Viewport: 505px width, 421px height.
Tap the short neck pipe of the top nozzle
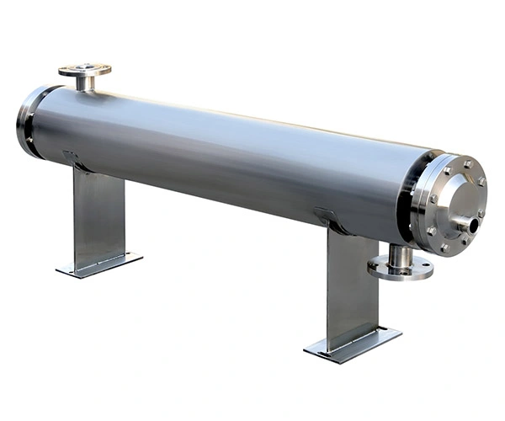click(84, 83)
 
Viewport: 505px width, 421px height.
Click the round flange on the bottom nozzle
click(400, 269)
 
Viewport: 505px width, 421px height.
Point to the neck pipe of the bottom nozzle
click(401, 254)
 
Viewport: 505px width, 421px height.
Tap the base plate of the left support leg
click(99, 264)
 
